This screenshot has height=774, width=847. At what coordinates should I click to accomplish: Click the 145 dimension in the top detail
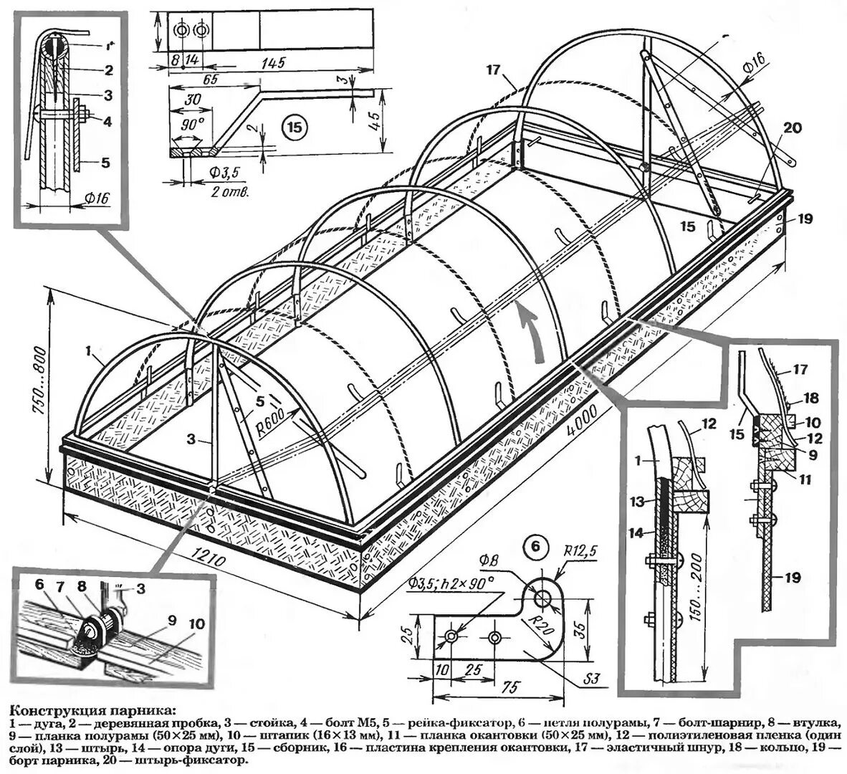(x=272, y=62)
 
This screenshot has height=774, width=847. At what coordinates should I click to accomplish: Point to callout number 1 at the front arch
(x=87, y=352)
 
